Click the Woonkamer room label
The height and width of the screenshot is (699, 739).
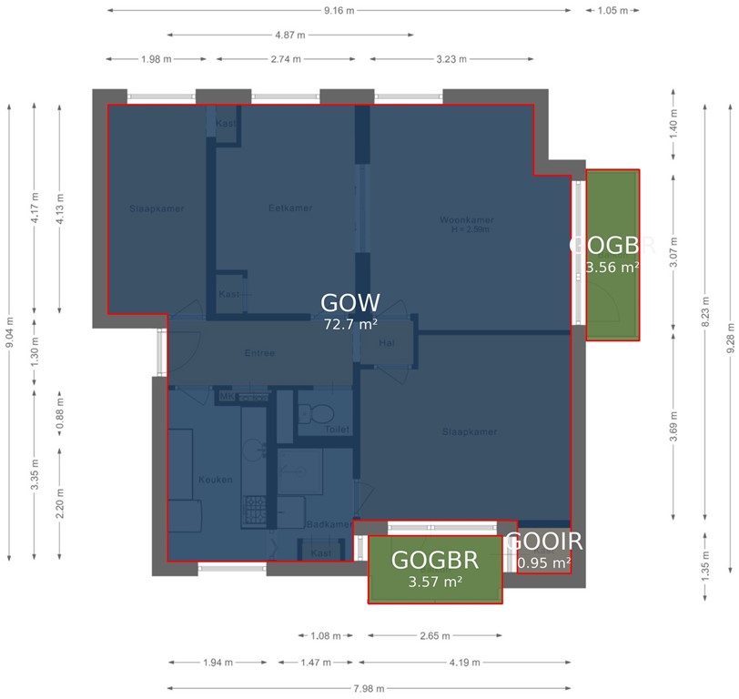point(466,220)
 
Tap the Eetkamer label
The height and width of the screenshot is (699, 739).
point(290,208)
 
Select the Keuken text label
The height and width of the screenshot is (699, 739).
point(216,480)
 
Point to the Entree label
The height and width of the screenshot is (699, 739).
point(259,353)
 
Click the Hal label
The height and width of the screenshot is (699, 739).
point(387,343)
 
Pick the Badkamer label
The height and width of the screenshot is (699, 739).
point(328,524)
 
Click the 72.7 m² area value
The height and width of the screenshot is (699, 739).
point(350,323)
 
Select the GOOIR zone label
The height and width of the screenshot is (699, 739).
point(543,542)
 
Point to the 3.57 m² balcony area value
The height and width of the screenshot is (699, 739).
point(434,582)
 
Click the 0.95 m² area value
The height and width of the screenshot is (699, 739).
point(543,563)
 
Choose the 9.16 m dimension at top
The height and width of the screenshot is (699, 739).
point(339,11)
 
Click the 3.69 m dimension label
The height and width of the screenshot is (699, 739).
point(673,425)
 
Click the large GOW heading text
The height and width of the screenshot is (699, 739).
point(350,303)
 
